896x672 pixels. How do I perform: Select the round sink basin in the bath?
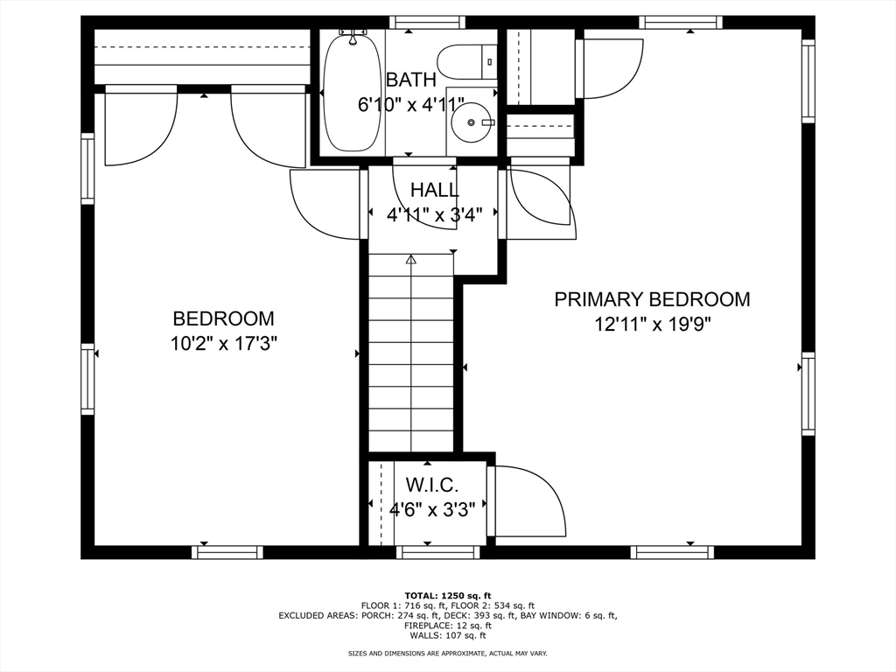472,122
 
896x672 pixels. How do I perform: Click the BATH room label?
411,80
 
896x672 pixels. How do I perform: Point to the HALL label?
434,189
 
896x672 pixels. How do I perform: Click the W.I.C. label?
432,485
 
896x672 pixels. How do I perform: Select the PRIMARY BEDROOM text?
652,299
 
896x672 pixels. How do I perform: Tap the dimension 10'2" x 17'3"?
224,343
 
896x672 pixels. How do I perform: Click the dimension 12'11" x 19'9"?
652,325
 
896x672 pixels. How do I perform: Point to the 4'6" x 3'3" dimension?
432,508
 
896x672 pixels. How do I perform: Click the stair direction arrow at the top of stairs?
411,260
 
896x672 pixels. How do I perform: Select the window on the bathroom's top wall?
426,22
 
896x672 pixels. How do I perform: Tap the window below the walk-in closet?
437,552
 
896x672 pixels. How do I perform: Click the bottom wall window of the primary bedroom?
672,552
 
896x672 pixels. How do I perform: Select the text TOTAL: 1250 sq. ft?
448,595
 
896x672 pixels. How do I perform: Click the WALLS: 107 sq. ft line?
448,635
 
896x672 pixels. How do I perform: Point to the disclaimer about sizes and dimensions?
448,653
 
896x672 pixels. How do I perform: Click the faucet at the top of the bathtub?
353,38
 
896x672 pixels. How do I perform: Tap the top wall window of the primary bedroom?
680,22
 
